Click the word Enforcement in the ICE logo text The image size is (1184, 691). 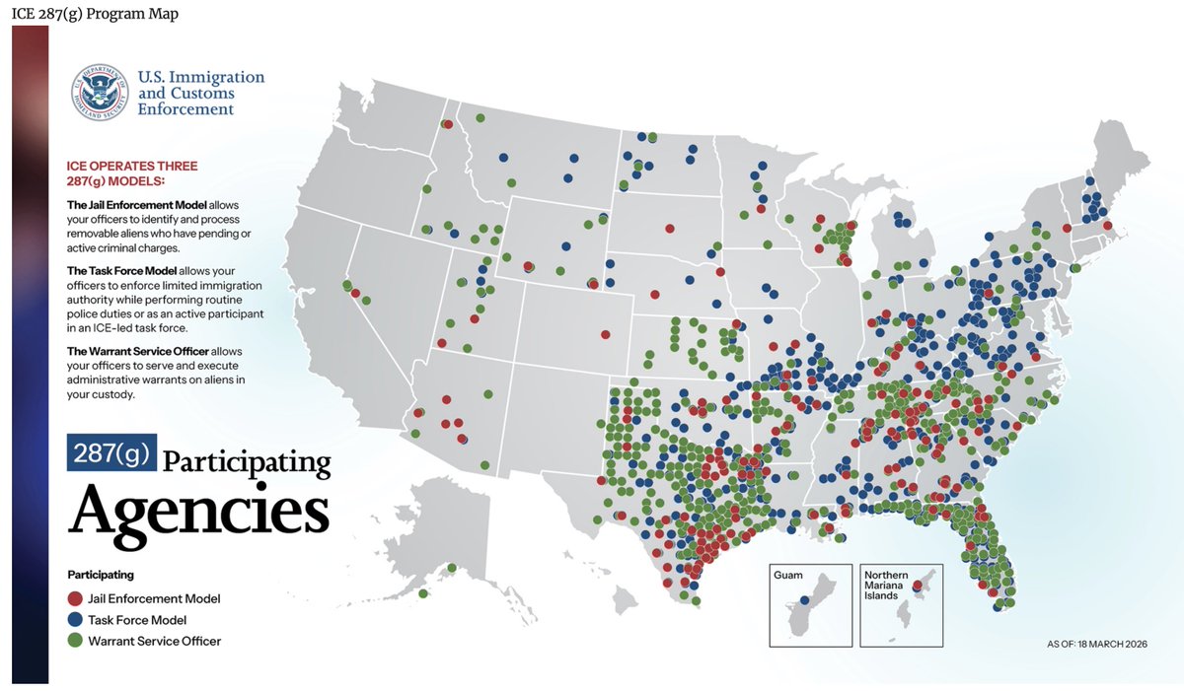click(x=185, y=109)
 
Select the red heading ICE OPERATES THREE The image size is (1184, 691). click(x=131, y=166)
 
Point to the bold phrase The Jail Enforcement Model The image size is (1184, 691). click(x=130, y=203)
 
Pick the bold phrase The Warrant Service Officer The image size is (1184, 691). click(x=137, y=352)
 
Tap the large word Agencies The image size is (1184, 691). click(x=198, y=510)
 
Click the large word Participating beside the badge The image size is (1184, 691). click(x=246, y=461)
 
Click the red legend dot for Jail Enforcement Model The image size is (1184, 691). click(x=75, y=598)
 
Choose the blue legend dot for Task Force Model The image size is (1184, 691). click(x=75, y=620)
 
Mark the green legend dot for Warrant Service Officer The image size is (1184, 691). click(x=75, y=641)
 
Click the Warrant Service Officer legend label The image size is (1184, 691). click(x=154, y=641)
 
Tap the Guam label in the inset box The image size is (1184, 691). click(x=789, y=575)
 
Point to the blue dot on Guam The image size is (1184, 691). click(x=804, y=600)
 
